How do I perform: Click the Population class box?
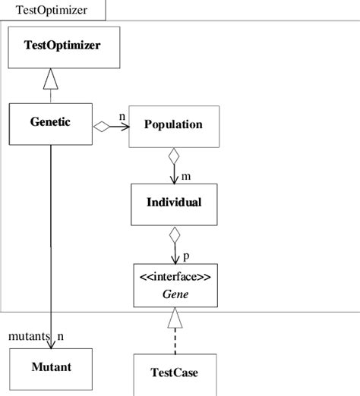[x=175, y=125]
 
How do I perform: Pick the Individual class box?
[x=175, y=203]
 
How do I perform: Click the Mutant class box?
[x=50, y=368]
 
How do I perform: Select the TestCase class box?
[x=175, y=373]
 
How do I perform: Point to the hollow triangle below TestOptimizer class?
[x=50, y=76]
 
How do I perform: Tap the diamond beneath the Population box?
[x=175, y=157]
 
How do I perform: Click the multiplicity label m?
[x=185, y=176]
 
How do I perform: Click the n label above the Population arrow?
[x=122, y=115]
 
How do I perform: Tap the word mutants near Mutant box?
[x=29, y=335]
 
